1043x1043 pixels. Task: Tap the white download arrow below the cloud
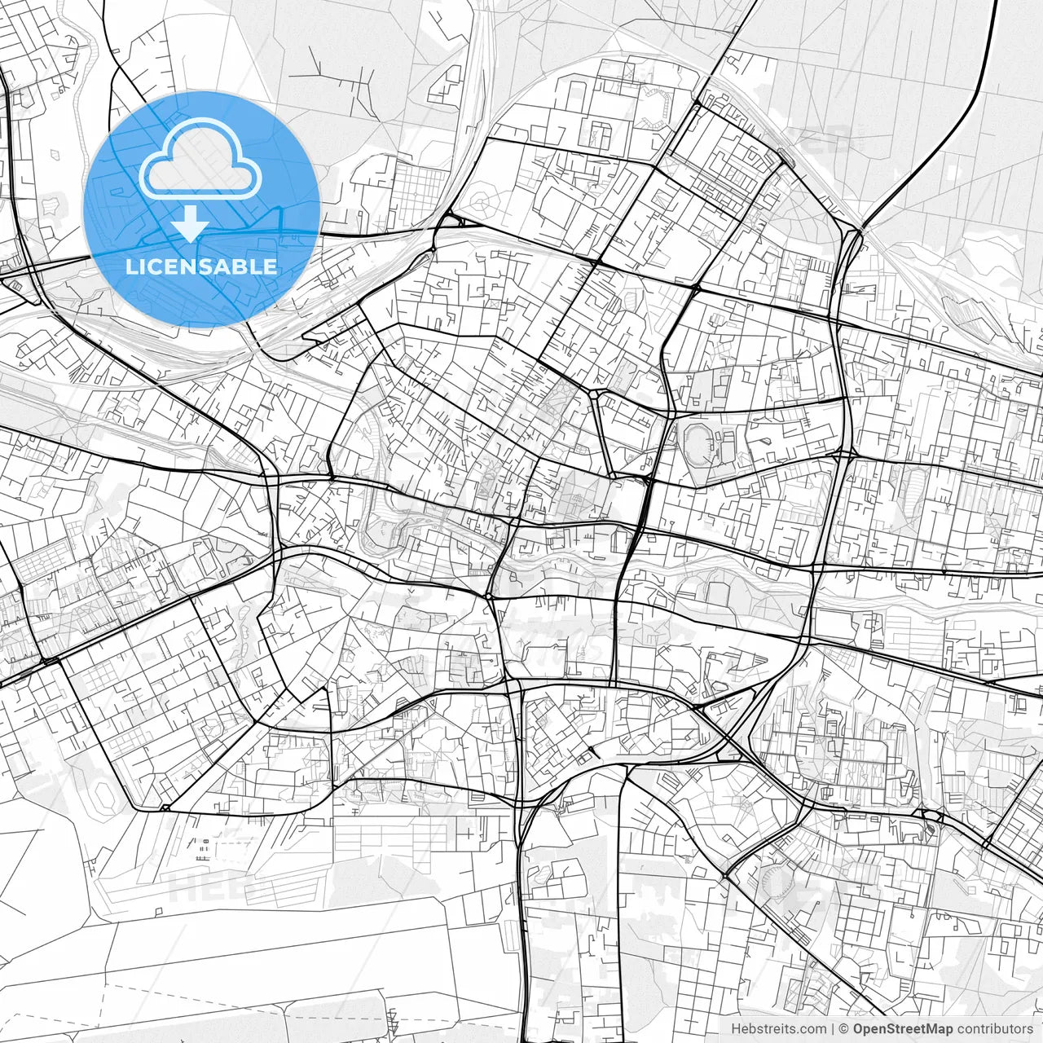(x=190, y=223)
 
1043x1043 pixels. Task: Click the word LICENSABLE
(x=200, y=266)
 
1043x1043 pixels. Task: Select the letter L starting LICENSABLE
(x=130, y=266)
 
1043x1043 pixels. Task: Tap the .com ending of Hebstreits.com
(x=812, y=1029)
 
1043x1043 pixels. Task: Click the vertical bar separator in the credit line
(x=833, y=1029)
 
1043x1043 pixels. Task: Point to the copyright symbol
(x=845, y=1029)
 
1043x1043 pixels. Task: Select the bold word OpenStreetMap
(x=903, y=1029)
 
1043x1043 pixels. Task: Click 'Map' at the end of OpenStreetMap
(x=938, y=1029)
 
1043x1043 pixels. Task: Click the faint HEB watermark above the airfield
(x=196, y=888)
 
